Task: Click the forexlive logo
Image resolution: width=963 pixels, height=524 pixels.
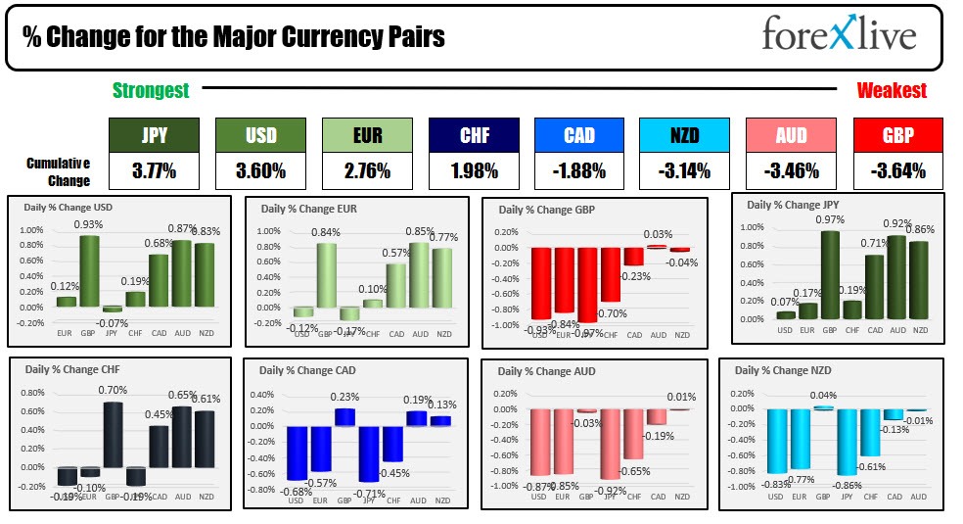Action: (839, 36)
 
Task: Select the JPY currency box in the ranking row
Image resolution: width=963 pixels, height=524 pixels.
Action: (152, 136)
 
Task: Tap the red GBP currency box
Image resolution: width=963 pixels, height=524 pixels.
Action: (897, 136)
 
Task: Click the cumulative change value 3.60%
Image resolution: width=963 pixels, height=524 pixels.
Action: (259, 171)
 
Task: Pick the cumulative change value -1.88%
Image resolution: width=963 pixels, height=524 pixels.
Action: (578, 171)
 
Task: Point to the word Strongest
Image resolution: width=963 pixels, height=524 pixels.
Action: (151, 90)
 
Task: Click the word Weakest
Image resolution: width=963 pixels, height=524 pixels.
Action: (892, 90)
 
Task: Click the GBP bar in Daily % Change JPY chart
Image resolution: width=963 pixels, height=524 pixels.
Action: (830, 275)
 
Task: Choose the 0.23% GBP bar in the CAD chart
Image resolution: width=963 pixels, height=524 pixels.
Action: (345, 417)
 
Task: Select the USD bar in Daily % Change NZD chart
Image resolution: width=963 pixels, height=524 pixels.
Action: (777, 441)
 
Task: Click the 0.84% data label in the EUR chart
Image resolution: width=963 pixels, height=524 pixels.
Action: (326, 232)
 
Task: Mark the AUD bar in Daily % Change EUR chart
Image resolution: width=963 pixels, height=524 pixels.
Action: (419, 275)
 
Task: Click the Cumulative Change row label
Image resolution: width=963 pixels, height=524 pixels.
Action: (58, 171)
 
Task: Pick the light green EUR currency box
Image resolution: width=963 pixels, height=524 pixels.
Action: (365, 136)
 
